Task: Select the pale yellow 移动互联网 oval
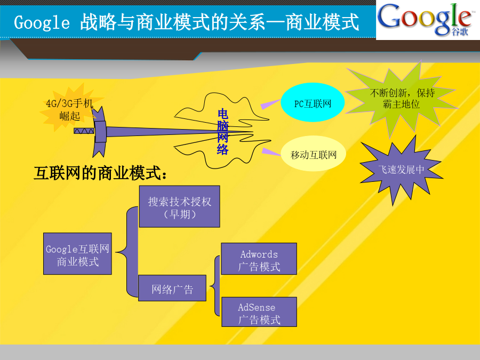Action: coord(313,154)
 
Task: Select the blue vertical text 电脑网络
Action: coord(222,132)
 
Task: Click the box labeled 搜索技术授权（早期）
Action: coord(179,206)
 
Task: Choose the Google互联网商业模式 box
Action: coord(77,253)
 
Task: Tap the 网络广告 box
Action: coord(172,288)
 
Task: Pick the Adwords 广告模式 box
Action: coord(259,259)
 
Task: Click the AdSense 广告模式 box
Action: coord(259,311)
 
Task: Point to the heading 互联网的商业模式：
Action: coord(101,173)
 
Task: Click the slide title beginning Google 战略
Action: coord(186,22)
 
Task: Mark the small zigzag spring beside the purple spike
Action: coord(84,131)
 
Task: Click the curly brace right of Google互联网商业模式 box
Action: coord(127,252)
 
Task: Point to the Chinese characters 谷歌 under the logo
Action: coord(460,31)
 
